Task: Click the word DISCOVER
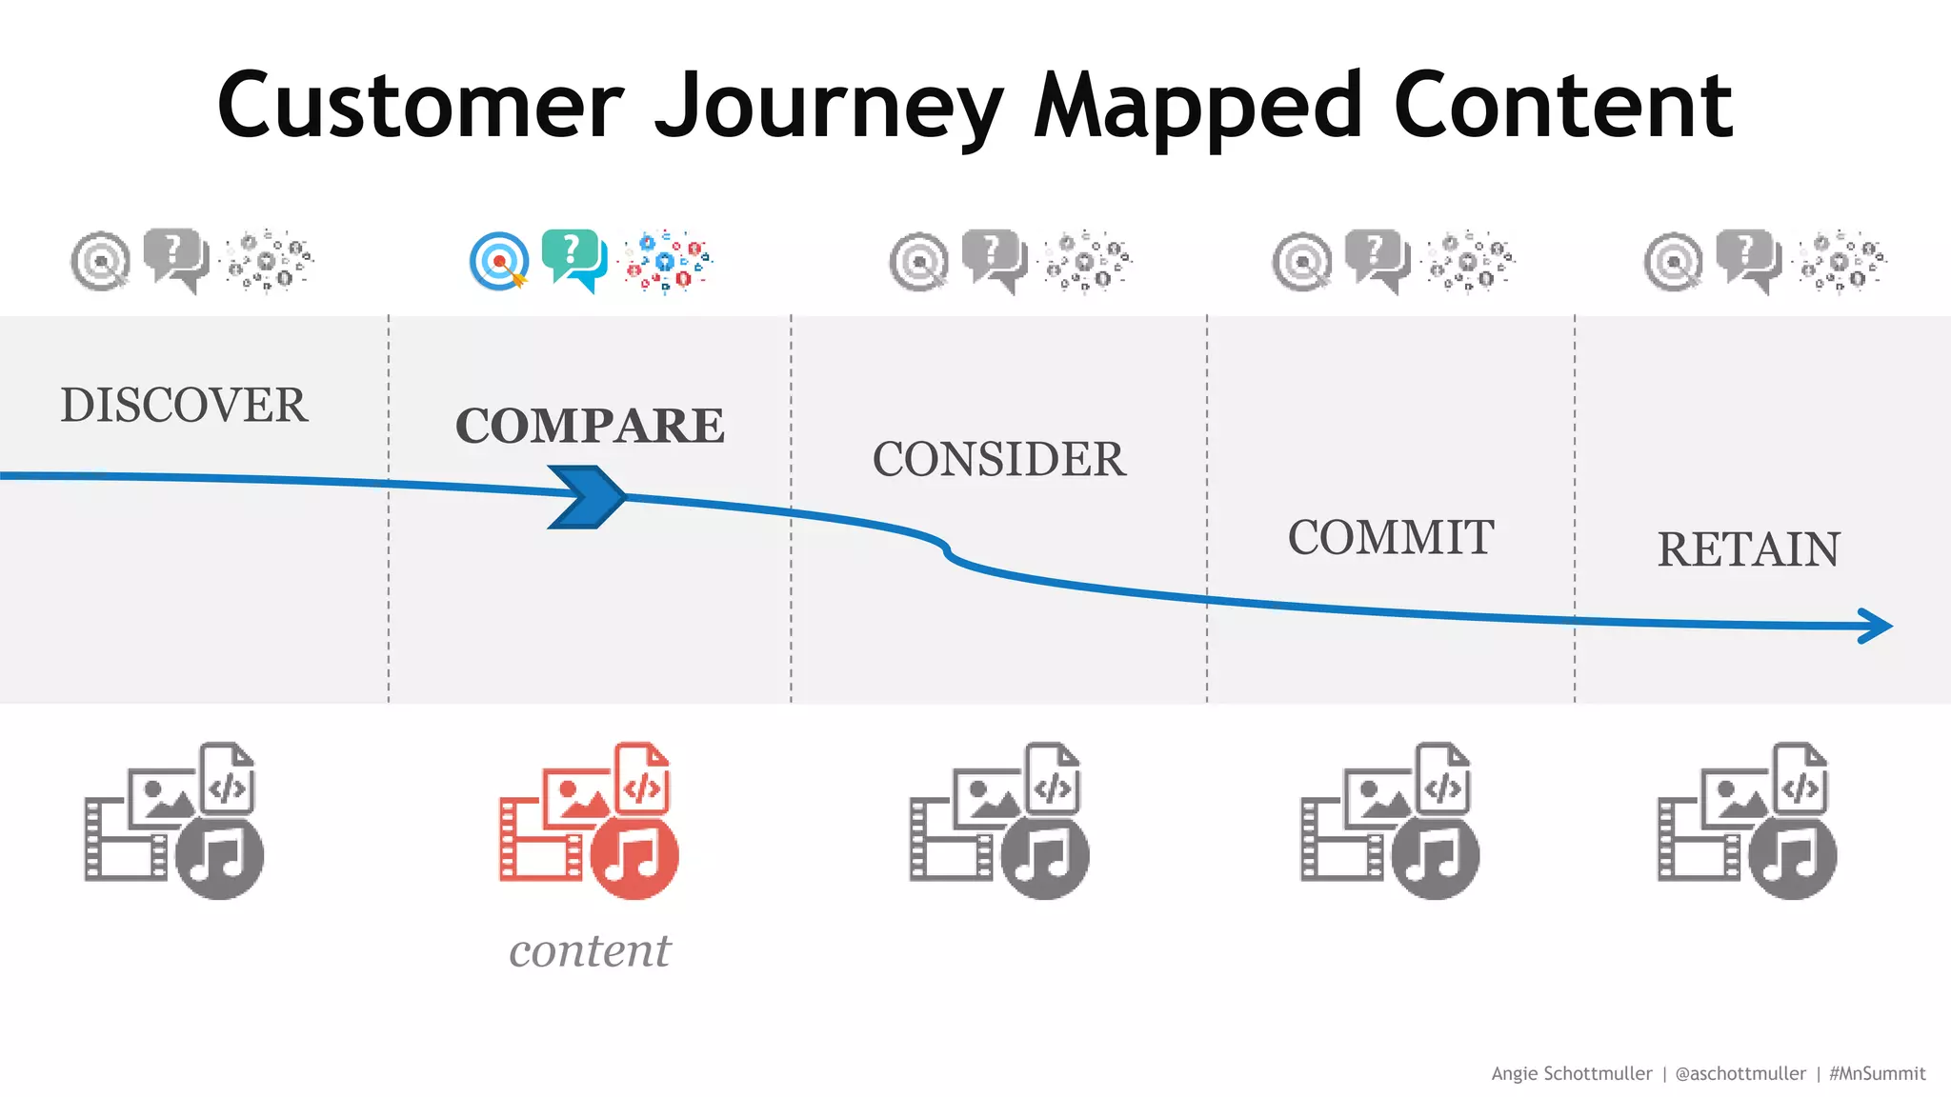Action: [184, 406]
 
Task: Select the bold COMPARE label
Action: [590, 426]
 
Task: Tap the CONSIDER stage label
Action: [999, 460]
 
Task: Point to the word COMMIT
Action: [1391, 538]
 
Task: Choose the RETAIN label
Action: [1748, 550]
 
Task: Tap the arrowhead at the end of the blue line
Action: [1877, 626]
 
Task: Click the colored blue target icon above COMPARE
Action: [498, 261]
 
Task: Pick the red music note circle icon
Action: [634, 854]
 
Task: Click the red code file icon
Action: [642, 779]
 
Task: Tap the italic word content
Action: [590, 950]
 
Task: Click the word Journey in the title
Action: [828, 107]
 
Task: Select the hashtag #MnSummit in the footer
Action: [1877, 1073]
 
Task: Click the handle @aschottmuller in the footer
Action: [1740, 1073]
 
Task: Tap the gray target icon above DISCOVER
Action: [101, 261]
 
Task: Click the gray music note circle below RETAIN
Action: [1792, 854]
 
